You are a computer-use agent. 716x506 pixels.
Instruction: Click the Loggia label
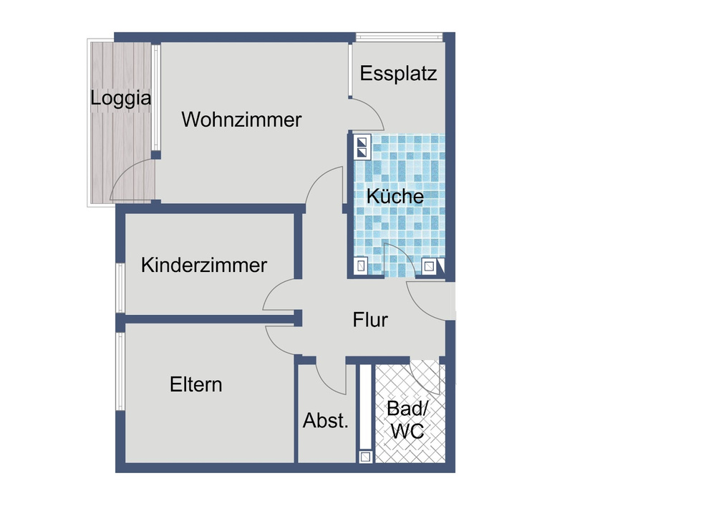[121, 98]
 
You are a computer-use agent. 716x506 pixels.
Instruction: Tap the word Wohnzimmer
[241, 120]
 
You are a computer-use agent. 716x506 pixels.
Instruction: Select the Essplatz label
[398, 73]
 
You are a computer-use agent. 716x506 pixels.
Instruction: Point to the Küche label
[395, 196]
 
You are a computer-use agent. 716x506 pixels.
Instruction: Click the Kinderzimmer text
[204, 266]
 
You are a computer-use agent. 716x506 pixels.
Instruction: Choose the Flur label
[370, 319]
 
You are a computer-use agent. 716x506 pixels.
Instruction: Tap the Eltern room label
[195, 384]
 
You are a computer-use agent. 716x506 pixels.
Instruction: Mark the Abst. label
[326, 421]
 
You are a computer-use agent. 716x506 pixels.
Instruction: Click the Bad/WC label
[405, 420]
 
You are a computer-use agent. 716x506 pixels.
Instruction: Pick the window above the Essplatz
[400, 37]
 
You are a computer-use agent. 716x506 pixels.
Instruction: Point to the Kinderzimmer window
[120, 288]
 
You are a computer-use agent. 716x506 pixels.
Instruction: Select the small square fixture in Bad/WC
[365, 456]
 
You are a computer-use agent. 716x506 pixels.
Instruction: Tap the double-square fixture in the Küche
[361, 147]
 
